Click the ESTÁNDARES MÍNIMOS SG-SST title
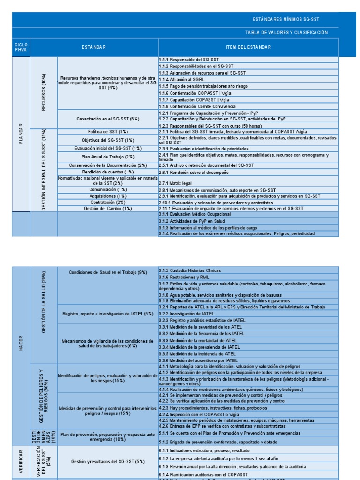pos(286,19)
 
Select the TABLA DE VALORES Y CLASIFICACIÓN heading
pos(286,33)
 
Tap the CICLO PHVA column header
pos(21,47)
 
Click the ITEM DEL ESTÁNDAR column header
pos(248,47)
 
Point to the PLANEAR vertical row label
pos(21,133)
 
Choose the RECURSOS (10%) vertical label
pos(44,92)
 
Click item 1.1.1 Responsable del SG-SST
pos(185,60)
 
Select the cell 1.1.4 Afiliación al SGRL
pos(181,80)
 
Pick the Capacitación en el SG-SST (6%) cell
pos(108,119)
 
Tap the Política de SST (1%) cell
pos(108,132)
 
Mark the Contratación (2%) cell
pos(108,202)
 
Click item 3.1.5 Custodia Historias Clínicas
pos(189,270)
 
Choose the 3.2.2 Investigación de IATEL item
pos(186,314)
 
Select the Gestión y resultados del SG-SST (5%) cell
pos(108,462)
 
